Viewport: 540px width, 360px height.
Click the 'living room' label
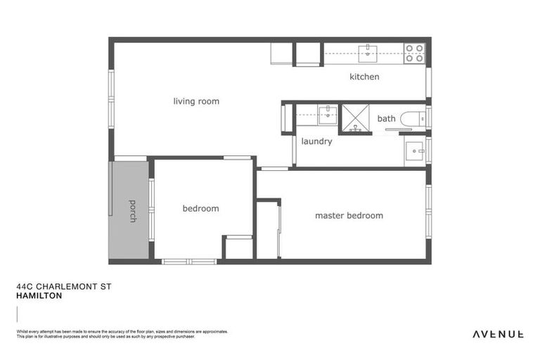(x=196, y=101)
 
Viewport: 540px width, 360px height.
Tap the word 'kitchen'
(x=364, y=77)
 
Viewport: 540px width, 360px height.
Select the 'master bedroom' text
(x=349, y=215)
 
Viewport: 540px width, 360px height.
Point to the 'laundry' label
(x=316, y=141)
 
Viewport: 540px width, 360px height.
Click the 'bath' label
(x=386, y=119)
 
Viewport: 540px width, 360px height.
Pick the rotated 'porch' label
(x=132, y=210)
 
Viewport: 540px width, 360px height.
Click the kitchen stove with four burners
(x=414, y=53)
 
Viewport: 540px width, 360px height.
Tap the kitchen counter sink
(x=368, y=52)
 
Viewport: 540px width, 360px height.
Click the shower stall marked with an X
(x=355, y=117)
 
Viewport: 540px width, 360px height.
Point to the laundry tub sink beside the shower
(x=326, y=114)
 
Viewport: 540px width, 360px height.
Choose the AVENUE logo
(x=497, y=333)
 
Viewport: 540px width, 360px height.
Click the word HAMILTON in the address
(x=39, y=296)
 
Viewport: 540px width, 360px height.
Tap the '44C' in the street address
(x=24, y=287)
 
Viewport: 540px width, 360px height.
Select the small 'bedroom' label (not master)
(x=200, y=208)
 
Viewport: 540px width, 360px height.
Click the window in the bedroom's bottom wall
(x=189, y=262)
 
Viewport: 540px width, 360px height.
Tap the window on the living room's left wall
(x=111, y=98)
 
